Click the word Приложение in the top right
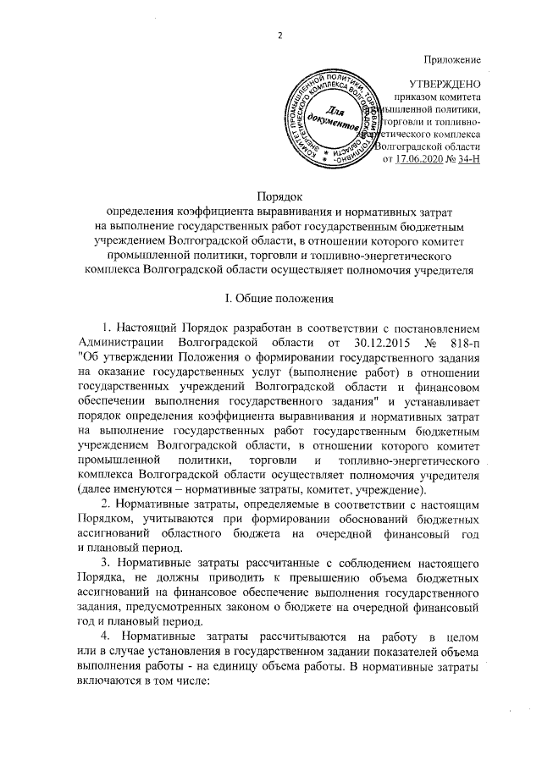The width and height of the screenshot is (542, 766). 453,58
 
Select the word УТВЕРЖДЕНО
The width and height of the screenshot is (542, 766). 445,85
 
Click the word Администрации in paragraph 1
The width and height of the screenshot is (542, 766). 120,340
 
